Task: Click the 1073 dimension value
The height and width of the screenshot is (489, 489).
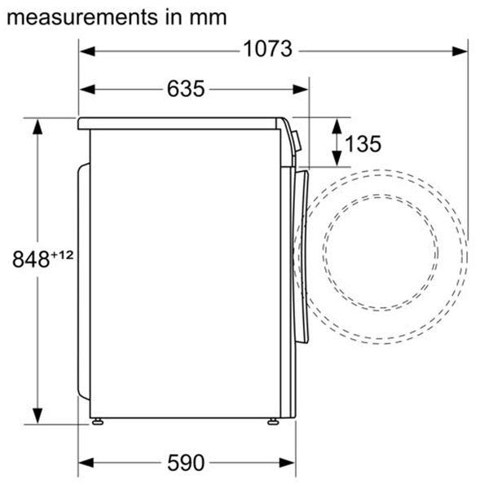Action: [x=267, y=49]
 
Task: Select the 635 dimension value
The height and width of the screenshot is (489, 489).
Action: [x=186, y=89]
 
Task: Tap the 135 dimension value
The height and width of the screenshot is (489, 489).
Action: [x=363, y=144]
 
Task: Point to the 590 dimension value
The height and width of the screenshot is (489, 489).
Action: [x=186, y=462]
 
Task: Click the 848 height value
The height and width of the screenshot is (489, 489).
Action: [x=32, y=260]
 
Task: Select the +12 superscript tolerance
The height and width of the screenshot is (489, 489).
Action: [x=63, y=255]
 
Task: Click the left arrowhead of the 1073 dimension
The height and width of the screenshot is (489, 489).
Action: [x=86, y=50]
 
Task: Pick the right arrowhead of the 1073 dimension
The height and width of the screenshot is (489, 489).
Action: [x=460, y=50]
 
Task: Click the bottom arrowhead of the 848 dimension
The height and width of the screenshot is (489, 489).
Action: [x=37, y=416]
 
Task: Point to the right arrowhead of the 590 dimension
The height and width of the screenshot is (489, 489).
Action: [x=288, y=463]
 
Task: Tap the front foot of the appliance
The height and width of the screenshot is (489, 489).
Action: [x=272, y=421]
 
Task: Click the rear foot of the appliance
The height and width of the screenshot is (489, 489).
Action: [x=98, y=421]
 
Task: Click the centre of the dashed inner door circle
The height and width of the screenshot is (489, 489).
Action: [x=380, y=254]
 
